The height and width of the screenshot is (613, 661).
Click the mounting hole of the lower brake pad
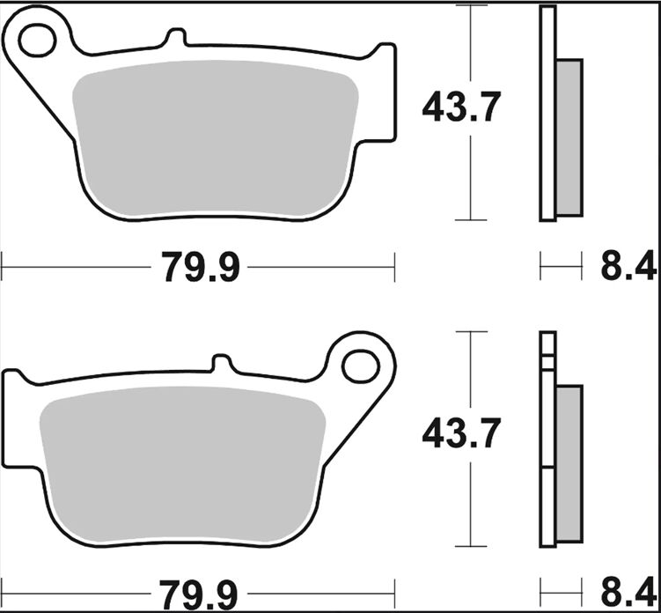click(360, 365)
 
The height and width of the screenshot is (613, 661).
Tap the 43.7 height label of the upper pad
click(461, 109)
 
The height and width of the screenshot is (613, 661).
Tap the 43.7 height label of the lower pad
click(461, 434)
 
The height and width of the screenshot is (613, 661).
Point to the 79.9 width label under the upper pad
click(201, 267)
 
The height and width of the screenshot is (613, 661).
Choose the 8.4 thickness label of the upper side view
click(628, 267)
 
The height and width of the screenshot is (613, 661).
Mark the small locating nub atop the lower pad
click(223, 363)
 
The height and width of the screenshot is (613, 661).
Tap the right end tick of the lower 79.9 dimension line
click(394, 590)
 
